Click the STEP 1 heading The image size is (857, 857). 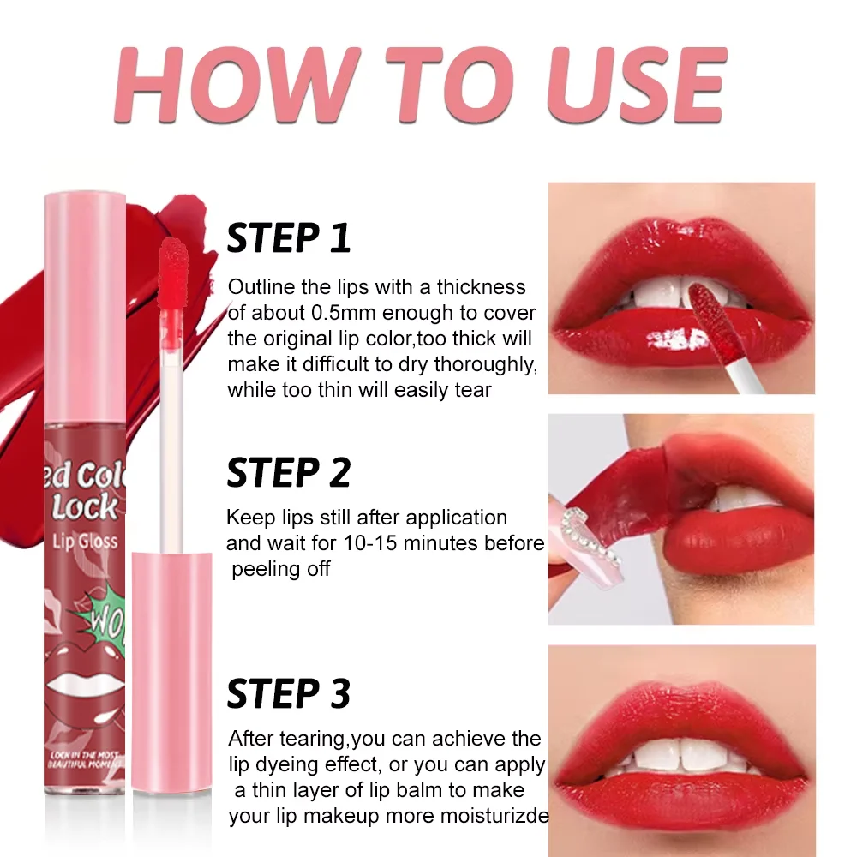point(289,237)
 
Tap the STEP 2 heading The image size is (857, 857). point(289,472)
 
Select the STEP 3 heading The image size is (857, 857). point(289,694)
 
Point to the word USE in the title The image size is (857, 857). point(630,83)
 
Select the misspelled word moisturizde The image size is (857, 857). point(494,816)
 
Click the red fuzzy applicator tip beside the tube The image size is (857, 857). point(174,257)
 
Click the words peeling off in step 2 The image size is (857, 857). point(280,569)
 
